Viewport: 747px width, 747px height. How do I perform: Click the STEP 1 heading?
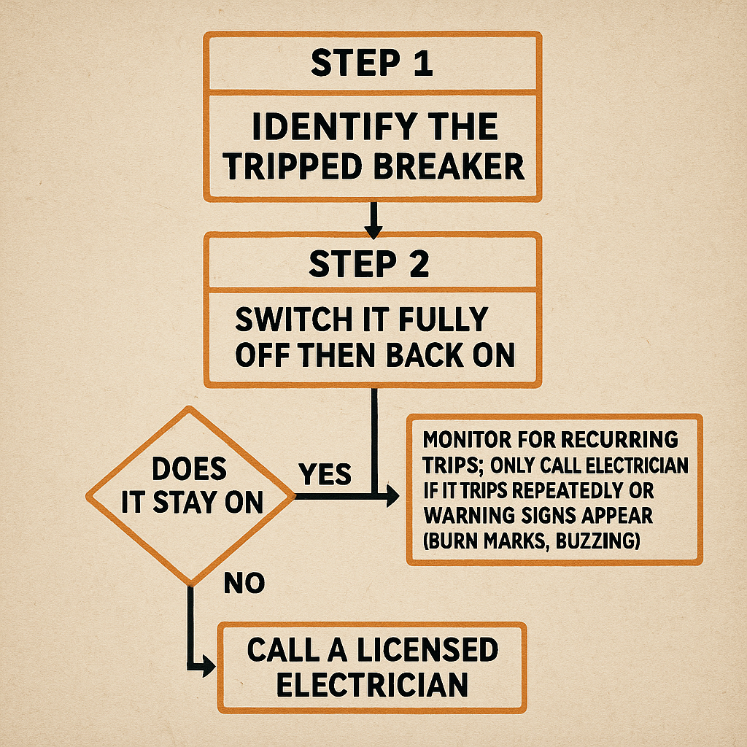click(372, 63)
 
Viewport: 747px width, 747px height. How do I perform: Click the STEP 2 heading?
click(369, 264)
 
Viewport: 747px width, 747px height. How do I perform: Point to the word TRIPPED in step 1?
click(295, 167)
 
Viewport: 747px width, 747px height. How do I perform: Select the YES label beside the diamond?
click(325, 475)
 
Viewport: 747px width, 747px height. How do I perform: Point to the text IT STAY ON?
click(193, 503)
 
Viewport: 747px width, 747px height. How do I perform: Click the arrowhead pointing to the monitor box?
click(392, 497)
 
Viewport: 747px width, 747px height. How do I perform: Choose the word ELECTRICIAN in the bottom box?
click(372, 685)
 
